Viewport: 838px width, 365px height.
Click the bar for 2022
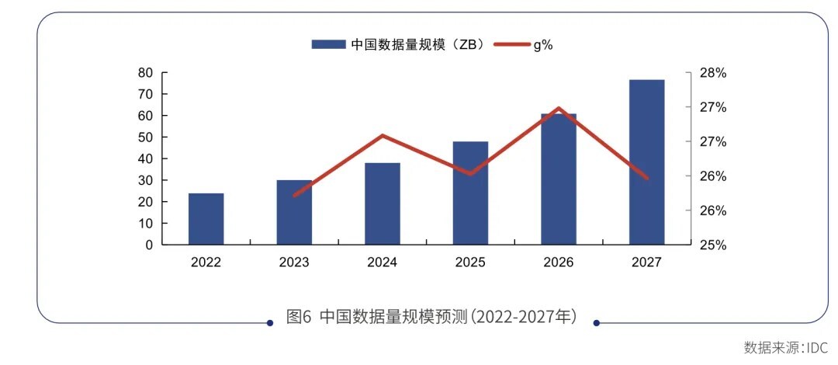206,219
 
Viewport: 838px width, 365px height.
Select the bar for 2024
383,203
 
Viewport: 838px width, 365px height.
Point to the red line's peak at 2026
559,108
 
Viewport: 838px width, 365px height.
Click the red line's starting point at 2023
295,195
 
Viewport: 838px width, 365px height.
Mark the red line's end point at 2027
646,178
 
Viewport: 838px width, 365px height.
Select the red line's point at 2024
383,136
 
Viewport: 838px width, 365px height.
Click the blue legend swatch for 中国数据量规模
327,44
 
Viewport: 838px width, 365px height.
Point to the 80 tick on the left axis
145,72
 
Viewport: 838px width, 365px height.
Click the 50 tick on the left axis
145,137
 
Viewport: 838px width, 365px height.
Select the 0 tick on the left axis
148,245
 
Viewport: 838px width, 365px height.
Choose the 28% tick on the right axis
712,72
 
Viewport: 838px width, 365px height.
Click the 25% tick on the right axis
712,245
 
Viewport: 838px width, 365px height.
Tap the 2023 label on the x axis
294,262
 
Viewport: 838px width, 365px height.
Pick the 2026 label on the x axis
559,262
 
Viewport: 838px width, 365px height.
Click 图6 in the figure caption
299,317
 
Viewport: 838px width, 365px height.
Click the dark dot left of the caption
269,322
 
